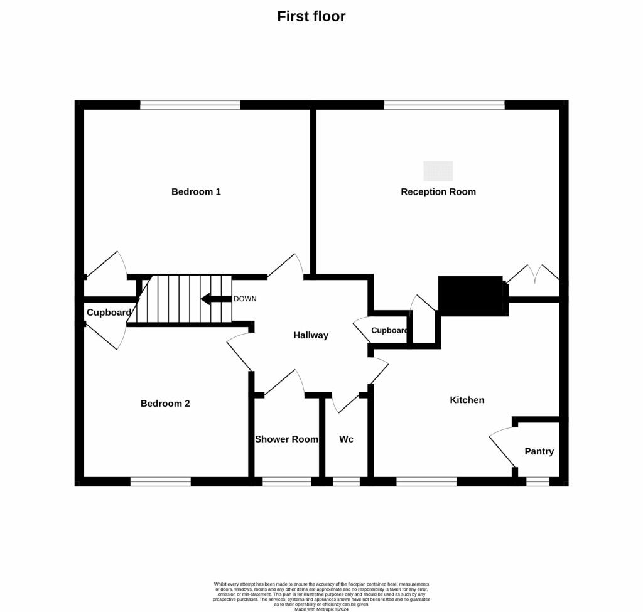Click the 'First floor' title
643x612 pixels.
pyautogui.click(x=311, y=16)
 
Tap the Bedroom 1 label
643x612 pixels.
pyautogui.click(x=196, y=191)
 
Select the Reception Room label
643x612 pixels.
pyautogui.click(x=438, y=192)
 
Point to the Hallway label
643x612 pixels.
pyautogui.click(x=311, y=335)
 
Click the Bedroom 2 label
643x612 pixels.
pyautogui.click(x=165, y=404)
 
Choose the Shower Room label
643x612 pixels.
pyautogui.click(x=286, y=439)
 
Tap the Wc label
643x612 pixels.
pyautogui.click(x=346, y=439)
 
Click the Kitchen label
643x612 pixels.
pyautogui.click(x=467, y=400)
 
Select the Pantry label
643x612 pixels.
pyautogui.click(x=539, y=451)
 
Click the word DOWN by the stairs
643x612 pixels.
pyautogui.click(x=246, y=299)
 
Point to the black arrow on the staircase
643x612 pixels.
pyautogui.click(x=216, y=299)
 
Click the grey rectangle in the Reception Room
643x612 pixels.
pyautogui.click(x=438, y=171)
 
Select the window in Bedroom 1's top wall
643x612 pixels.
pyautogui.click(x=190, y=105)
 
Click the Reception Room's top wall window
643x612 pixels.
pyautogui.click(x=444, y=105)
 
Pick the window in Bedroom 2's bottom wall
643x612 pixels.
pyautogui.click(x=161, y=481)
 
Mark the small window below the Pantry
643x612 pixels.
pyautogui.click(x=538, y=481)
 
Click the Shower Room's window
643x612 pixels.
pyautogui.click(x=287, y=481)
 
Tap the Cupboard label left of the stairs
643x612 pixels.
pyautogui.click(x=109, y=313)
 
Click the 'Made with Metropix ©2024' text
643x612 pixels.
pyautogui.click(x=321, y=609)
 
